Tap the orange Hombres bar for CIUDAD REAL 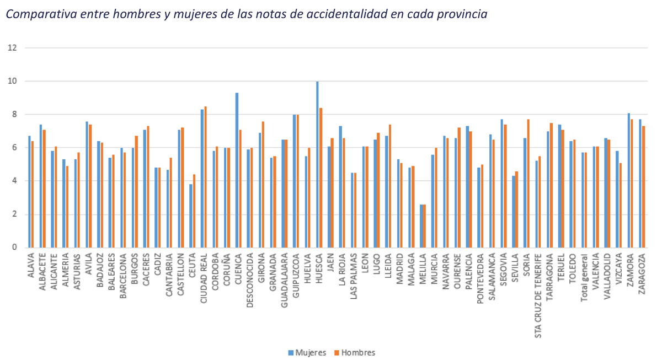(x=206, y=176)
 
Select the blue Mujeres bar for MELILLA (x=421, y=226)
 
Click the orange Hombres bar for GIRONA (x=263, y=184)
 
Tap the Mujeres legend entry (x=307, y=352)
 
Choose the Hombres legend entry (x=354, y=352)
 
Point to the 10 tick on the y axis (x=12, y=82)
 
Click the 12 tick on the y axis (x=12, y=48)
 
